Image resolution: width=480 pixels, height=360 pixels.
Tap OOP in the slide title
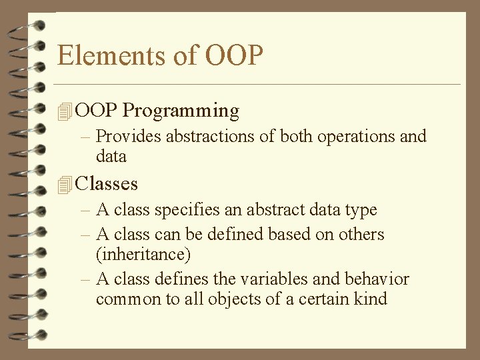[x=234, y=55]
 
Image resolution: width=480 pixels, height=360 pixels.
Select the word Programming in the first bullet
[x=181, y=110]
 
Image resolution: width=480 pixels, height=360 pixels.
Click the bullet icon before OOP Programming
[x=64, y=111]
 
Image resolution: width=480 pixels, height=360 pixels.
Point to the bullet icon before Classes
[x=64, y=185]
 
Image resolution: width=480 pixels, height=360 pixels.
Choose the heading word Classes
[x=107, y=183]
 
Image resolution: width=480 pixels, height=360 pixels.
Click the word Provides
[x=129, y=137]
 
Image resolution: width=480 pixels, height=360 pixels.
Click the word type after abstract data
[x=361, y=211]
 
